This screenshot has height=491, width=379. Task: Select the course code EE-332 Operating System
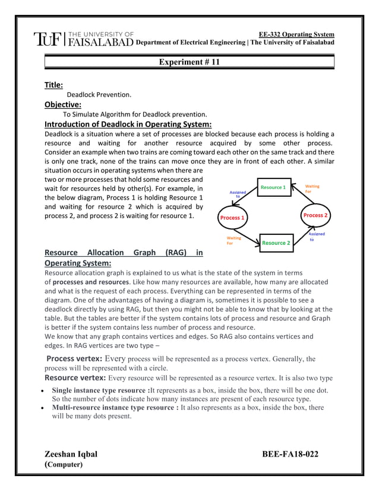296,34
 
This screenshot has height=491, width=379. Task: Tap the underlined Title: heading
54,85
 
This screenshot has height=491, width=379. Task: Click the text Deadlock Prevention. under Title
99,95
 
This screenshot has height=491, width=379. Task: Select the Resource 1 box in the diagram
273,188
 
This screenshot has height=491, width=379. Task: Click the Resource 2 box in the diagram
276,243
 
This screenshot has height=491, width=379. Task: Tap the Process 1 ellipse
232,218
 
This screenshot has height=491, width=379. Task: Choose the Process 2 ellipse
315,215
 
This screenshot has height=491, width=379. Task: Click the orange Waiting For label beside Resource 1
312,189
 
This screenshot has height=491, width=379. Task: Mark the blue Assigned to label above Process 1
238,194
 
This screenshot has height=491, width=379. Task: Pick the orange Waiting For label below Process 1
234,240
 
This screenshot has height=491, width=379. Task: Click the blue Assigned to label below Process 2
317,237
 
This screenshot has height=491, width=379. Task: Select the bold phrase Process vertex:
74,358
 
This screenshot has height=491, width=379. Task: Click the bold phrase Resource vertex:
75,377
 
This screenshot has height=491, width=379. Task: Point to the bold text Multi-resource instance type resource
115,407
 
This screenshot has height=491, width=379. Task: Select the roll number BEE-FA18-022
290,455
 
